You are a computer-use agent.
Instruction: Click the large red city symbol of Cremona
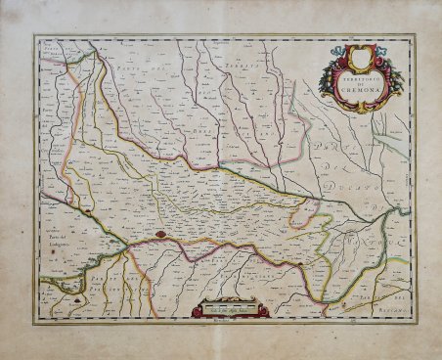[x=160, y=235]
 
